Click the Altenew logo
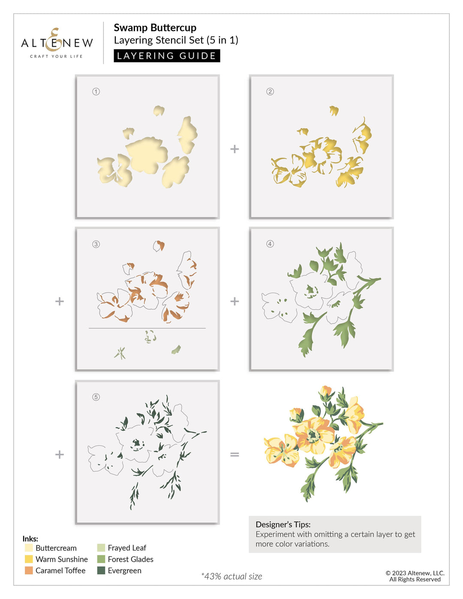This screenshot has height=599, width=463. pos(57,43)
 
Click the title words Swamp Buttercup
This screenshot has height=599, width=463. pos(155,28)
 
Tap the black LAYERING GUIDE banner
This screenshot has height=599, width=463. pos(167,56)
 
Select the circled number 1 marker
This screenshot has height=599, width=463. pos(96,91)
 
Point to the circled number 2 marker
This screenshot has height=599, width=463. pos(270,91)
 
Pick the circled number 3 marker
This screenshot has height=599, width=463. pos(96,244)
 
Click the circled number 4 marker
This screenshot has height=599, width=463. pos(270,244)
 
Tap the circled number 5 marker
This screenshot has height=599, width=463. pos(96,397)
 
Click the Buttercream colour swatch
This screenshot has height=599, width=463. pos(29,548)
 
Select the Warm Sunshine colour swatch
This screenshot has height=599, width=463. pos(29,559)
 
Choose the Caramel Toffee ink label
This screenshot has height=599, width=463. pos(60,570)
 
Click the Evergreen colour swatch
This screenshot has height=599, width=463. pos(101,570)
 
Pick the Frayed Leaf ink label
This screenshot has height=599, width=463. pos(127,548)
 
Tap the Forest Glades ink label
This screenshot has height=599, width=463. pos(130,559)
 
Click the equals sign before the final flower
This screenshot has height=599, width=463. pos(235,454)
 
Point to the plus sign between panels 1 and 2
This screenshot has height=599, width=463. pos(235,149)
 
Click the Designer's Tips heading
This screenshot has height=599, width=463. pos(283,524)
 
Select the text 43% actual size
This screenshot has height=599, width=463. pos(232,576)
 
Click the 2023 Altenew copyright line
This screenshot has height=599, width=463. pos(415,573)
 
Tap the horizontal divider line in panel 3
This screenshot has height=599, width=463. pos(147,328)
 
